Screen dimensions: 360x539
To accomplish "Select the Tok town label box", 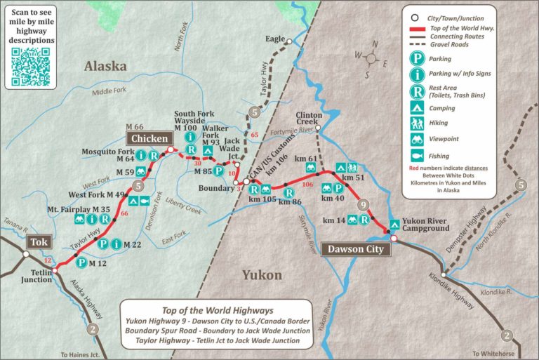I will coord(37,242).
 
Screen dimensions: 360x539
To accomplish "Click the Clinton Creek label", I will coord(309,119).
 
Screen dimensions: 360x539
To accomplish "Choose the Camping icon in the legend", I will coord(418,108).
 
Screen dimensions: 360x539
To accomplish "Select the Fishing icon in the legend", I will coord(418,155).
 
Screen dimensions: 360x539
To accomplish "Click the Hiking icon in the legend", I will coord(418,124).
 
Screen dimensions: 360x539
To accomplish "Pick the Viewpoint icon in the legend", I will coord(418,139).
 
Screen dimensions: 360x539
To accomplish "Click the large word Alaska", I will coord(105,67).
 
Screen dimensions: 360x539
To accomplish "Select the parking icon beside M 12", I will coord(81,263).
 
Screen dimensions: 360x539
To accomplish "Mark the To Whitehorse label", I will coord(493,353).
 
